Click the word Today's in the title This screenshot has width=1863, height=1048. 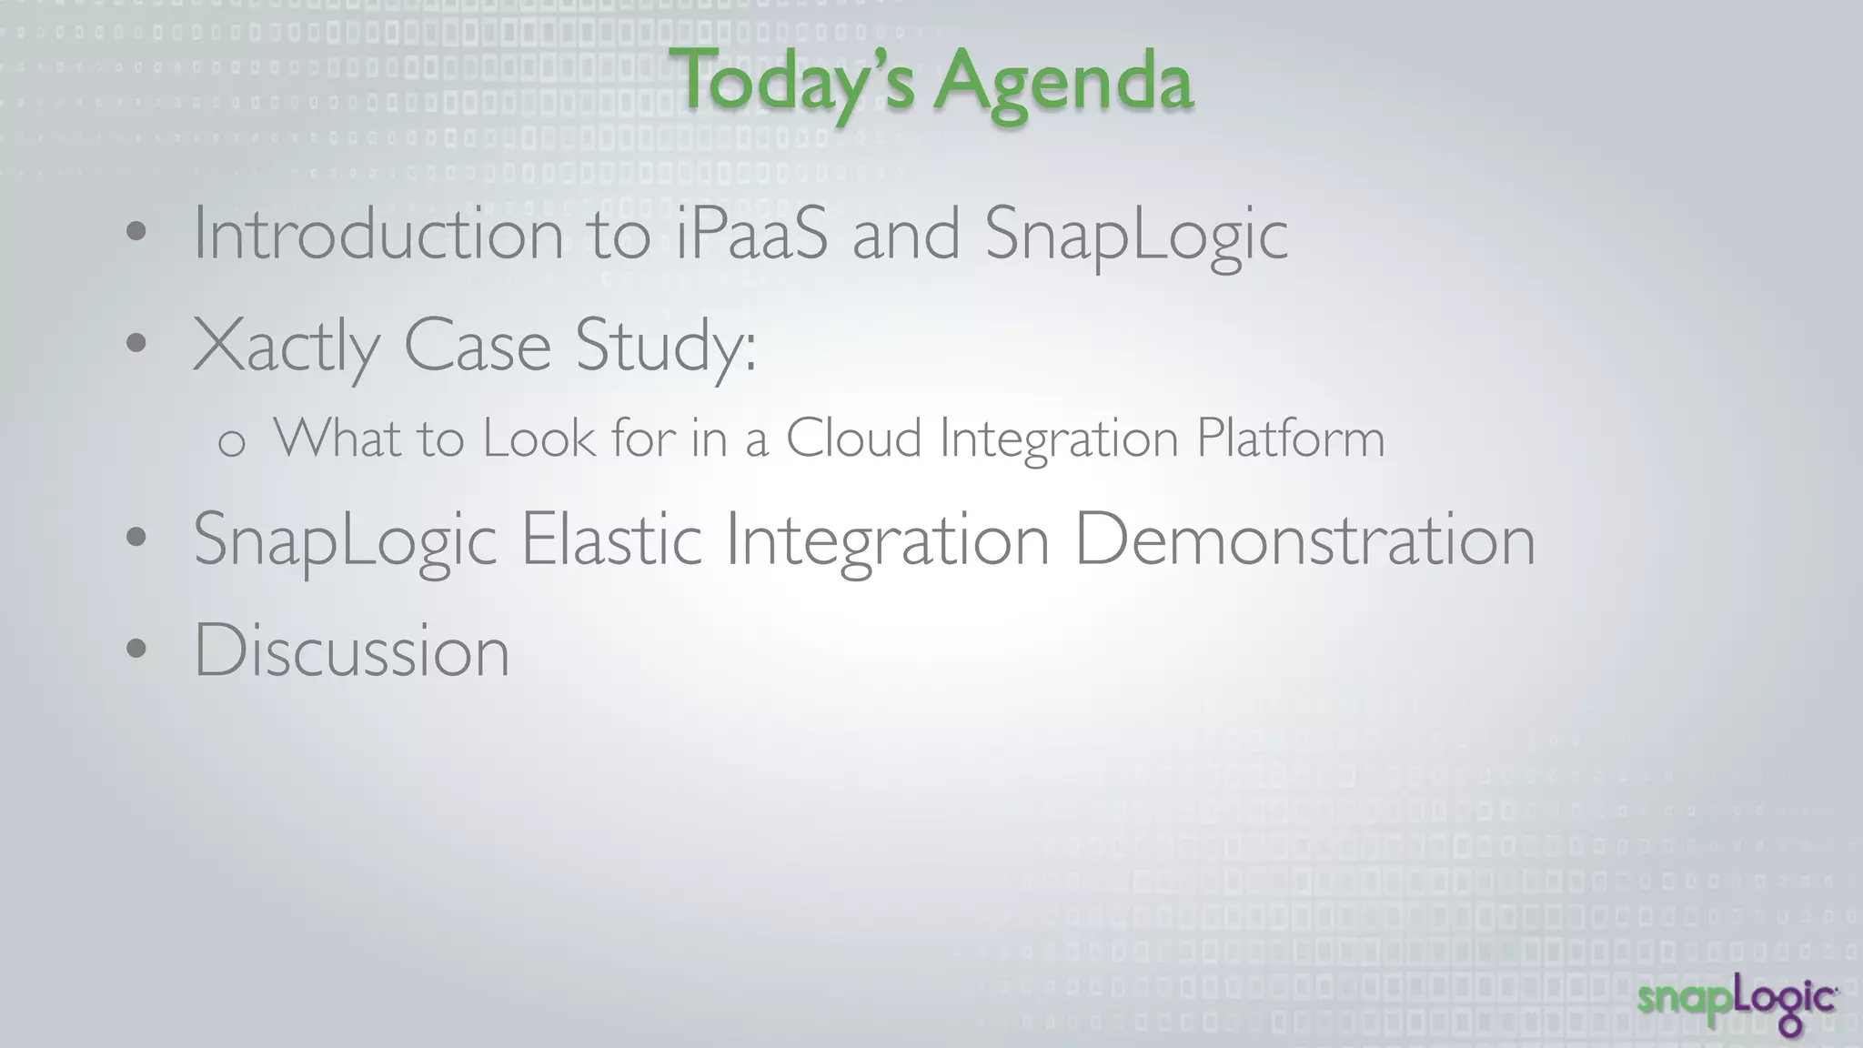coord(791,82)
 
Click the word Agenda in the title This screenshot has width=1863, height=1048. coord(1062,82)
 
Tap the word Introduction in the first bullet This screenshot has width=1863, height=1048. coord(378,235)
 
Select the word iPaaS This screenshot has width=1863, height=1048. coord(751,235)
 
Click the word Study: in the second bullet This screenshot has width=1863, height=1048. coord(665,347)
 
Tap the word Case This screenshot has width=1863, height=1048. coord(477,347)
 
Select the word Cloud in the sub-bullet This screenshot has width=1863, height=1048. coord(853,438)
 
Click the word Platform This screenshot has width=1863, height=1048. coord(1290,438)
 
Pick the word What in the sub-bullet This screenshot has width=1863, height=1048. coord(337,438)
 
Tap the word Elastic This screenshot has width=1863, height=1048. coord(610,539)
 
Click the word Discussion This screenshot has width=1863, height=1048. coord(351,651)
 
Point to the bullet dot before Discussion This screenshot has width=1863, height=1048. coord(136,650)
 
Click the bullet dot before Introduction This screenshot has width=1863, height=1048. coord(136,232)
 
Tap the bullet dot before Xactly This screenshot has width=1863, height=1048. coord(136,344)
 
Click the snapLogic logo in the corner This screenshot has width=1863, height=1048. coord(1737,1004)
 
